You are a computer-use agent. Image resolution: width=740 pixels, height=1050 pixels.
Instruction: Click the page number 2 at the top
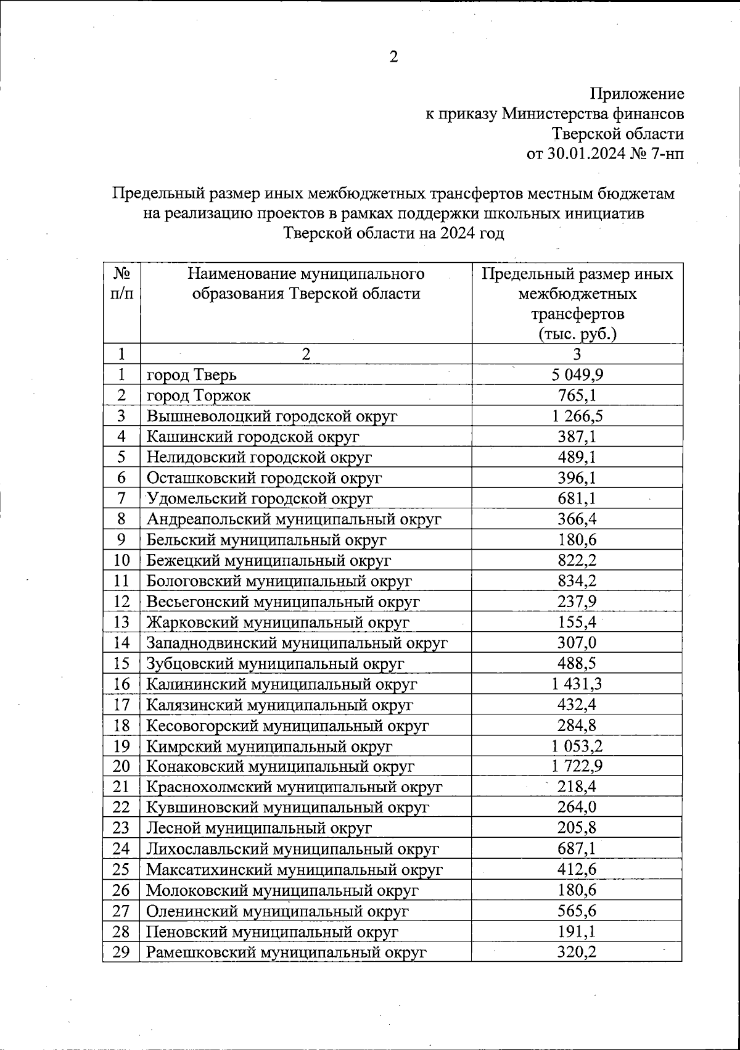coord(393,57)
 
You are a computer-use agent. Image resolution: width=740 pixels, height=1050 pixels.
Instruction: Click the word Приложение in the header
coord(637,94)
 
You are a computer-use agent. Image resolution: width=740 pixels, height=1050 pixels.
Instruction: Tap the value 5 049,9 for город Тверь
coord(577,374)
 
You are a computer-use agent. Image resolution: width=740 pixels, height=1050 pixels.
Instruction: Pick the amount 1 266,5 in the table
coord(577,416)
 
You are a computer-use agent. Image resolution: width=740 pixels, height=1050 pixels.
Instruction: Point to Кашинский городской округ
coord(253,437)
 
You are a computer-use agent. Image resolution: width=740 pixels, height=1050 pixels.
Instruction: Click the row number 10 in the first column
coord(122,560)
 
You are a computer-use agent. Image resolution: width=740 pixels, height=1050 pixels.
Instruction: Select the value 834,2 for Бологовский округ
coord(577,581)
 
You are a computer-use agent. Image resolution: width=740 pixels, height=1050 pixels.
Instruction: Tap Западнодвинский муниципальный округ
coord(297,643)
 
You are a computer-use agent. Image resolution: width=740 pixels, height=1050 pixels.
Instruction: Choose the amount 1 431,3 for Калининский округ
coord(577,684)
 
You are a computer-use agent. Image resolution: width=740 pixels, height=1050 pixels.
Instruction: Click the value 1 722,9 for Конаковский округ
coord(577,766)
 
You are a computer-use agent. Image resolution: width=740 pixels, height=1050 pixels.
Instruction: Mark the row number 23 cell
coord(122,828)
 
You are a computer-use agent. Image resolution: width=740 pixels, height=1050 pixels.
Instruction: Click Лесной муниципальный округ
coord(259,828)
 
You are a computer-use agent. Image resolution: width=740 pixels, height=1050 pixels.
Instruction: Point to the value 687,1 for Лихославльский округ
coord(577,849)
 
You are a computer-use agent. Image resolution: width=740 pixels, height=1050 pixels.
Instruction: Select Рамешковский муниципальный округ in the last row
coord(287,952)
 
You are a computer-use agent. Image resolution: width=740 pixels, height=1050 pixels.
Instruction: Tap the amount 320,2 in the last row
coord(577,952)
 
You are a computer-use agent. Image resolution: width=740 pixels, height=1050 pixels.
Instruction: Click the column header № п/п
coord(122,283)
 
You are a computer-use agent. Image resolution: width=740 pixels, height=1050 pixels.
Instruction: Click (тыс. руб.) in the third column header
coord(577,334)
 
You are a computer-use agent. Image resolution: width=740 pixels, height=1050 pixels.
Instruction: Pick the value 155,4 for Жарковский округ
coord(577,622)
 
